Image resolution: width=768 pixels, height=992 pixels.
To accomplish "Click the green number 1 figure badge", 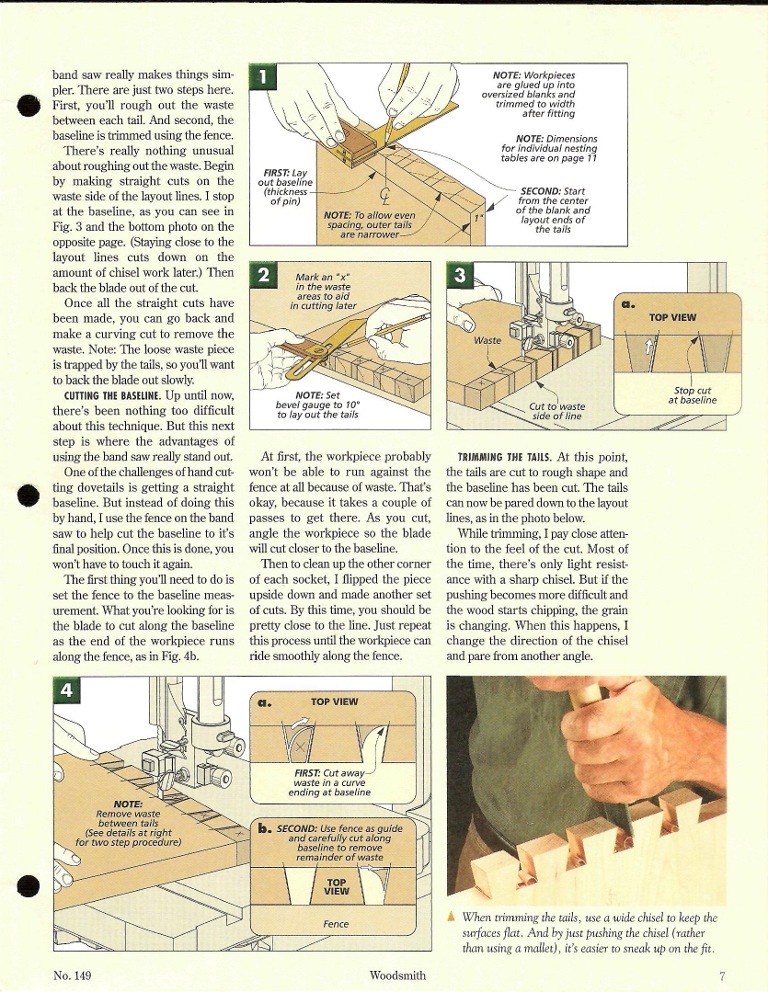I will [265, 78].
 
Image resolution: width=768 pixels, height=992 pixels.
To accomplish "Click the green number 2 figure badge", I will [265, 277].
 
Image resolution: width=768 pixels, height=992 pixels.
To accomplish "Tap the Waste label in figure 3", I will [487, 340].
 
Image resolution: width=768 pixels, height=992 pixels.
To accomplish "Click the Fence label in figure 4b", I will [336, 923].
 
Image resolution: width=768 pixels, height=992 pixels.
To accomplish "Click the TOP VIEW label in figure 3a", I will [672, 317].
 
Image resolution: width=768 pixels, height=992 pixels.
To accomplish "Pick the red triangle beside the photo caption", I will [451, 917].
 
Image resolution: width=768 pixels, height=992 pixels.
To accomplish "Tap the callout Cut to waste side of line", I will [557, 410].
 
